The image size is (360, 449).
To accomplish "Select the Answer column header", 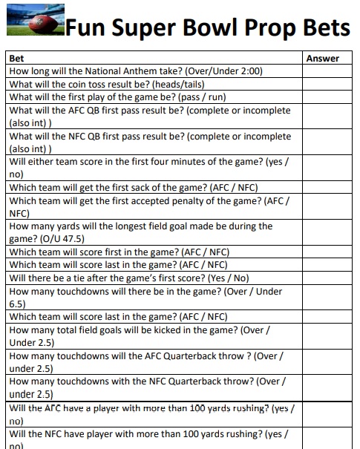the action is [322, 58].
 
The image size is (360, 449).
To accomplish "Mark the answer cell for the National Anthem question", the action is [327, 71].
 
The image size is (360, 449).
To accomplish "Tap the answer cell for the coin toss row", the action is [327, 85].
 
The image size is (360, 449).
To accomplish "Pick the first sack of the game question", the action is [133, 187].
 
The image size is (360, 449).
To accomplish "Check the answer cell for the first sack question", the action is [327, 187].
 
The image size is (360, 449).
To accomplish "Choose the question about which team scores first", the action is [118, 252].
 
